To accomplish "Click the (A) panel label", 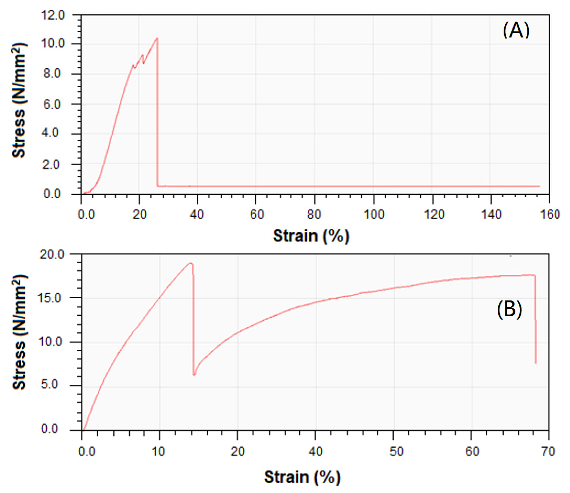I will (x=516, y=30).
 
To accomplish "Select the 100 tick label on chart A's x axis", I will (x=374, y=214).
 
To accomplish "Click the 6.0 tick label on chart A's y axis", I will (x=52, y=104).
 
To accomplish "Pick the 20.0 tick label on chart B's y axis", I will (x=52, y=255).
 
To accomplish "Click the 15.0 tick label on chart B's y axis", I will (x=52, y=298).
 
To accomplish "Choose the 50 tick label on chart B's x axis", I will (x=396, y=451).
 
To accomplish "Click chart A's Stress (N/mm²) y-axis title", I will (x=19, y=100).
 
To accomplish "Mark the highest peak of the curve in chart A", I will (x=157, y=38).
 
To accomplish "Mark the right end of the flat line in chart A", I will (x=539, y=186).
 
